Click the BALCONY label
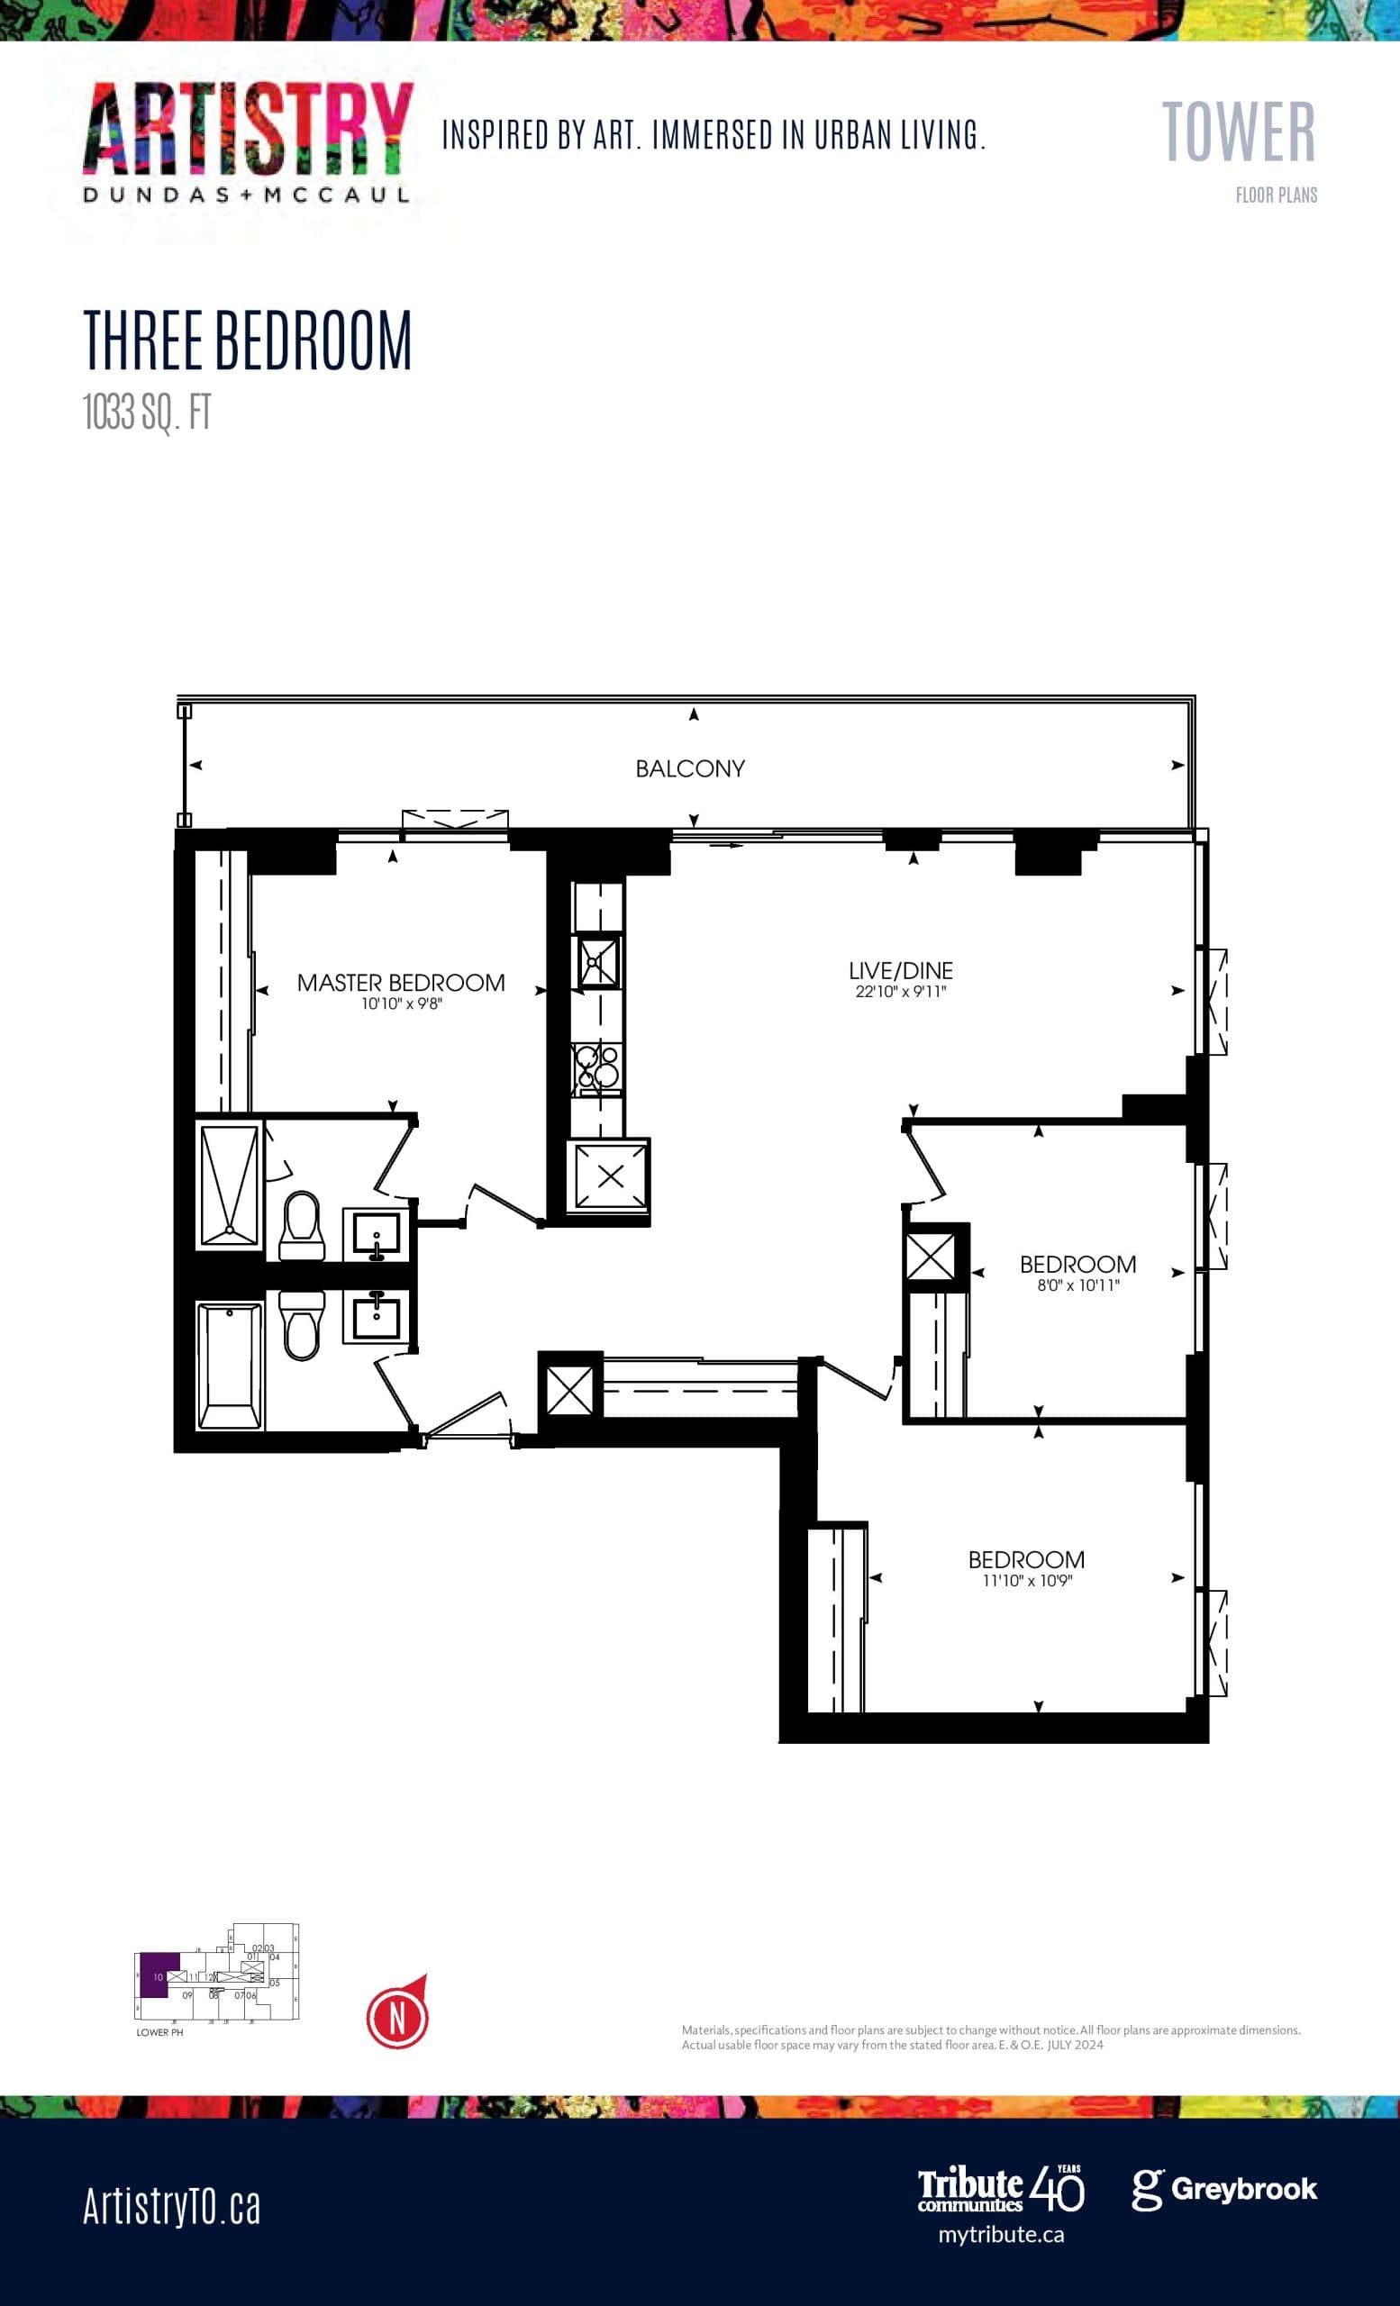pos(690,768)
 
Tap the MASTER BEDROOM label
pos(401,983)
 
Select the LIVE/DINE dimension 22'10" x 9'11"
pos(900,992)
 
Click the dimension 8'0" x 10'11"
pos(1077,1286)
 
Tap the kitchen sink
pos(598,962)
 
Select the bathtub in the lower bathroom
pos(229,1367)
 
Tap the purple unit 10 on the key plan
pos(158,1974)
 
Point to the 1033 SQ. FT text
pos(147,412)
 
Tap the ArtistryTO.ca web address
pos(171,2206)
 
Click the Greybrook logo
pos(1224,2189)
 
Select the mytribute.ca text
pos(1000,2235)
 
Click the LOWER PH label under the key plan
pos(159,2033)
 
